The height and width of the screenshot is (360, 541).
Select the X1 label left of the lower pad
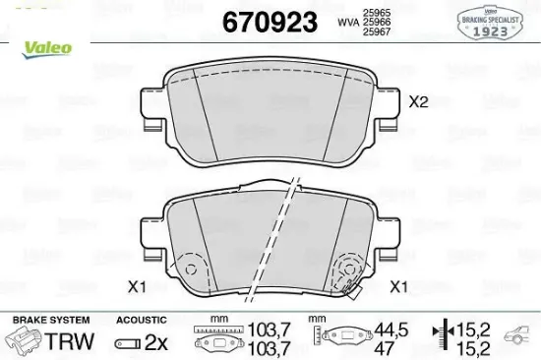(x=137, y=287)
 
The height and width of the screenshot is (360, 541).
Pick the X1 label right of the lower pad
(x=399, y=287)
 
